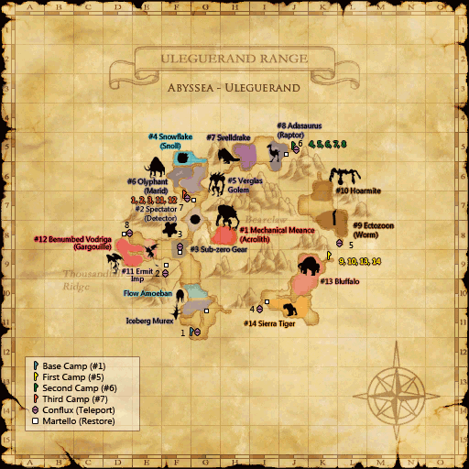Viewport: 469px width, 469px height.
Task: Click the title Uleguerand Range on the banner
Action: (x=234, y=61)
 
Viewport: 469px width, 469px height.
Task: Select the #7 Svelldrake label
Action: (x=229, y=136)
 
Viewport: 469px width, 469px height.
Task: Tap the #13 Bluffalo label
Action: (x=340, y=281)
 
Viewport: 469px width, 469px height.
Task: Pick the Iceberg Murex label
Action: (x=149, y=322)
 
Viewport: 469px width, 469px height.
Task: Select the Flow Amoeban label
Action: (x=148, y=294)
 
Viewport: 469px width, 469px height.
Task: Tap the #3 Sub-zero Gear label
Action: (x=219, y=249)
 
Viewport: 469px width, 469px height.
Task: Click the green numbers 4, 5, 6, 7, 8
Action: (x=327, y=144)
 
